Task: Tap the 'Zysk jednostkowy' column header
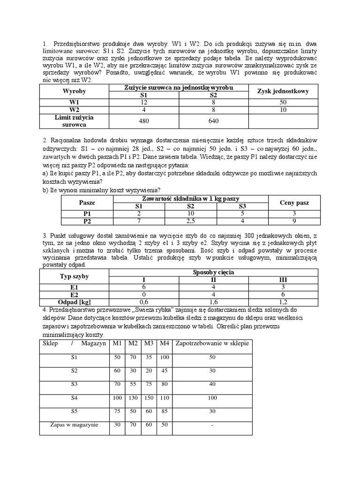[x=283, y=91]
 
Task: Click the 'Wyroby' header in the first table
[x=75, y=91]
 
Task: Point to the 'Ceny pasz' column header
[x=294, y=202]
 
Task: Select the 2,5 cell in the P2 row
[x=190, y=221]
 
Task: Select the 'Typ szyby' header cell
[x=75, y=276]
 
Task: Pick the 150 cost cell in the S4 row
[x=149, y=398]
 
